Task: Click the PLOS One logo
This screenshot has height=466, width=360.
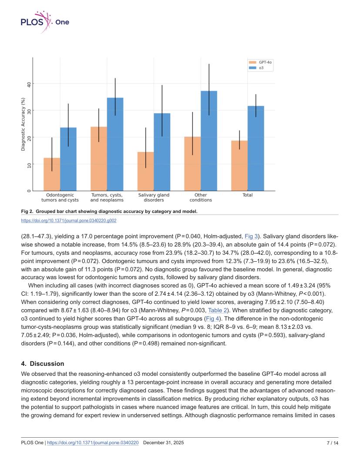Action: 45,22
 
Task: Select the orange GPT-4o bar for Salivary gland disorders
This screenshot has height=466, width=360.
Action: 145,171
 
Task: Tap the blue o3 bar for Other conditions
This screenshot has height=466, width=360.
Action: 209,141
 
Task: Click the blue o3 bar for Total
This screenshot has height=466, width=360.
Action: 256,149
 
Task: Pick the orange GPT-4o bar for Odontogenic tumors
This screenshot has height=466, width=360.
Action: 52,174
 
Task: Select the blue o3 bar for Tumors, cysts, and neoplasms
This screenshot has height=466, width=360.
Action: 115,144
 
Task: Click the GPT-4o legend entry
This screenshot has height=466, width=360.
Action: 260,62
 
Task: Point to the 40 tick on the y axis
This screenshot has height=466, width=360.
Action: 29,84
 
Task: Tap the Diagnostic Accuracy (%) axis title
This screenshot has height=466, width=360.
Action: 23,124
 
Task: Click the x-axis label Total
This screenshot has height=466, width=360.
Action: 247,195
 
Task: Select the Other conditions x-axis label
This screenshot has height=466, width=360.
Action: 201,197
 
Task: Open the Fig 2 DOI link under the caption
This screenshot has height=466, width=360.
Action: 69,220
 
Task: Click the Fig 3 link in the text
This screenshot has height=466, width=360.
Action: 251,236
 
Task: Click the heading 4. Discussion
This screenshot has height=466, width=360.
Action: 43,364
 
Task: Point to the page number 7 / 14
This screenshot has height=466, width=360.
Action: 333,443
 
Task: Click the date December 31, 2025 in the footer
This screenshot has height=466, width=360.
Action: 163,443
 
